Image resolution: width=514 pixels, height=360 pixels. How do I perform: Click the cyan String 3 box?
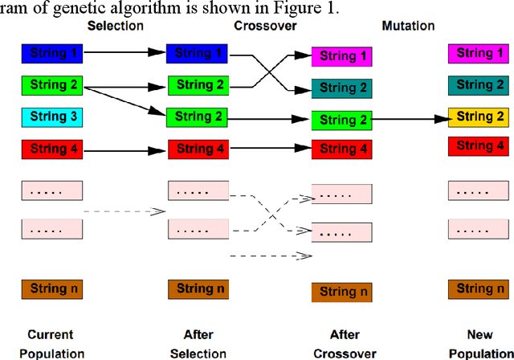(x=51, y=117)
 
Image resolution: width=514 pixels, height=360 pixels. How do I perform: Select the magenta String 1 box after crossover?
(x=342, y=57)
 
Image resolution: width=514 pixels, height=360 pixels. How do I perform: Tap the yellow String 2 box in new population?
(x=479, y=117)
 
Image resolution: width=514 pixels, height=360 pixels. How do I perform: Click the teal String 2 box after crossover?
(x=342, y=88)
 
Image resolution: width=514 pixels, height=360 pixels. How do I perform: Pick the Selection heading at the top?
(x=115, y=26)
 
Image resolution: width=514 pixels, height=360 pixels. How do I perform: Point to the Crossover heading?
(x=258, y=26)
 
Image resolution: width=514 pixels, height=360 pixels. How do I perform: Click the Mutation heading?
(x=408, y=26)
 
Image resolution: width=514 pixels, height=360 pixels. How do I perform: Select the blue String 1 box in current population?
(x=51, y=54)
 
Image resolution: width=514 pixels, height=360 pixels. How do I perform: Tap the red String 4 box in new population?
(x=479, y=145)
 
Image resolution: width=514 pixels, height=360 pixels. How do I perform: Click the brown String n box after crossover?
(x=342, y=291)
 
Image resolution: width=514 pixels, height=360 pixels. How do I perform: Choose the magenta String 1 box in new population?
(x=479, y=54)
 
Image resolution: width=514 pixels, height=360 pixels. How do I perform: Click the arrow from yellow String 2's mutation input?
(x=410, y=120)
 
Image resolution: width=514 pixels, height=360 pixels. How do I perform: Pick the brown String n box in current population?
(x=51, y=288)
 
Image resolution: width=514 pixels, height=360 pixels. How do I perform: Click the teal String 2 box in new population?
(x=479, y=85)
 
